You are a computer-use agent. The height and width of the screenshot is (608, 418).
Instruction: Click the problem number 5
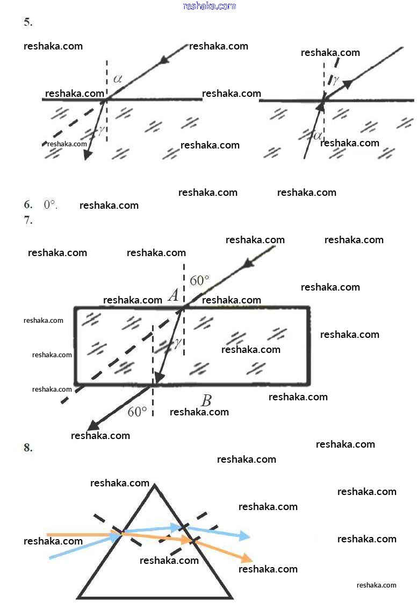(28, 23)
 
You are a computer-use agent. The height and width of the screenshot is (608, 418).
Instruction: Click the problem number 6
(28, 204)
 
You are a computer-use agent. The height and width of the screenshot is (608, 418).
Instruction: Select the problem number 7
(28, 220)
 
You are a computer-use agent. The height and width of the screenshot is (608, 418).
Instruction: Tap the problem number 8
(28, 448)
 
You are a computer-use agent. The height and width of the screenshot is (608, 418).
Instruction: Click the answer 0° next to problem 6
(50, 204)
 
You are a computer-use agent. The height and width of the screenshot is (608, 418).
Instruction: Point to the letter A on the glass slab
(173, 295)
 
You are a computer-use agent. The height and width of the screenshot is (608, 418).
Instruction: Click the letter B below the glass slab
(206, 401)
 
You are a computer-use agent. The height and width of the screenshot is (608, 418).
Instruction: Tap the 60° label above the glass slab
(199, 280)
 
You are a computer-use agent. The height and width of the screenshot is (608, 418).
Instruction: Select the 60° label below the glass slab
(137, 412)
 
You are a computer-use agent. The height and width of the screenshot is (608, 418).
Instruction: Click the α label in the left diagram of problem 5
(118, 79)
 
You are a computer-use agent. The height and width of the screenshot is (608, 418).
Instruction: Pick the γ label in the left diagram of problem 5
(100, 129)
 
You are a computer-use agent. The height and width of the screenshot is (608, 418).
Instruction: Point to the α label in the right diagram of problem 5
(318, 135)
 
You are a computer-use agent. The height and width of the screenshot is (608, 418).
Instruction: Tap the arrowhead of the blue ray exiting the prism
(245, 536)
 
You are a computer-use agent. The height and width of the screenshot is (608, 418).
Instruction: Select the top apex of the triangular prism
(155, 486)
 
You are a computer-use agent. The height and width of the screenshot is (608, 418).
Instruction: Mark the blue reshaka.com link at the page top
(209, 6)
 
